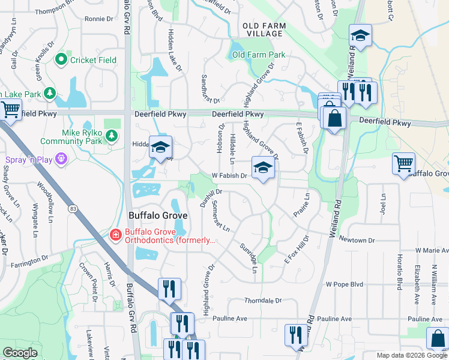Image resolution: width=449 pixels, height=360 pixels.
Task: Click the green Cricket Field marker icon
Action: click(61, 59)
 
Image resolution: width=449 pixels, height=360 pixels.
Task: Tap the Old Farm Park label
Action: click(259, 55)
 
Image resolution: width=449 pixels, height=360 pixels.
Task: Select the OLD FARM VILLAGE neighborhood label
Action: click(263, 29)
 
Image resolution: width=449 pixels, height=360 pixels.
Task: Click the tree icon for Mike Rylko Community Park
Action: click(111, 136)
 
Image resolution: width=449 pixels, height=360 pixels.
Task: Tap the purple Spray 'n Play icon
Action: click(60, 160)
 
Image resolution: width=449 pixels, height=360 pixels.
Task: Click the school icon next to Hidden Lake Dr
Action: click(160, 148)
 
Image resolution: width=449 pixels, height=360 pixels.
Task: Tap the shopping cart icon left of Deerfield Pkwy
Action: click(10, 110)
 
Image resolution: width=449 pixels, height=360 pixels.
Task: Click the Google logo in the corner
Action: click(20, 353)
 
